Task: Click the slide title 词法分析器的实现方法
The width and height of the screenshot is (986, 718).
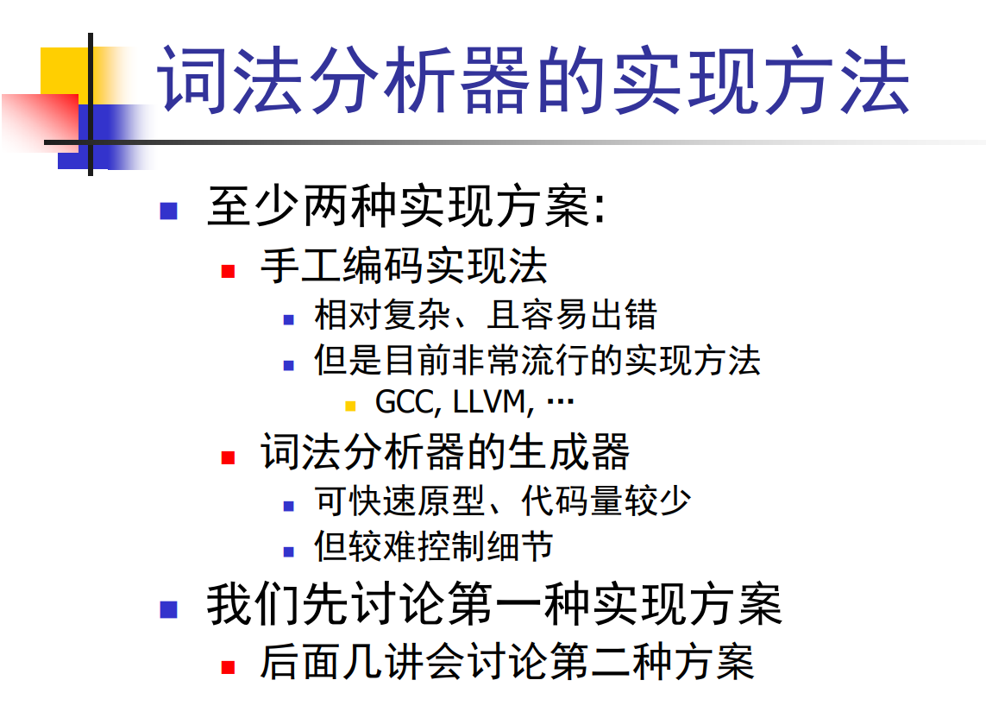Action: point(533,80)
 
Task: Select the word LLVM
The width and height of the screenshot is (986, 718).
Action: point(488,402)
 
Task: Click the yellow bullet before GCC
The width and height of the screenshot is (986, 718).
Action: point(351,406)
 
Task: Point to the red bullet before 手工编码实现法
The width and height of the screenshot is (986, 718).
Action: point(228,271)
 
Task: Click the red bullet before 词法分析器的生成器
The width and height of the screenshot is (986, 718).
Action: point(228,457)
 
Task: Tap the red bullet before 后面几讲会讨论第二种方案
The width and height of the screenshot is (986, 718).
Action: point(228,667)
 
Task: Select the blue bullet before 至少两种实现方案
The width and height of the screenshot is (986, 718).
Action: point(168,211)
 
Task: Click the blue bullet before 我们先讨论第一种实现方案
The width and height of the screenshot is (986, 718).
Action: point(168,609)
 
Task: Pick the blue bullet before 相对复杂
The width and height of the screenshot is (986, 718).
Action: point(289,319)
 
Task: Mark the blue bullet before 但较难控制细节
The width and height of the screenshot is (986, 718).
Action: point(289,551)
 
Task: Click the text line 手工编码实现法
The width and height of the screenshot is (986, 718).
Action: point(404,266)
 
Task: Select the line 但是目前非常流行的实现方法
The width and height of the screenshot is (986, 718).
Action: point(537,361)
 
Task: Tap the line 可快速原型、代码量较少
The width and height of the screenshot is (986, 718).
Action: point(502,501)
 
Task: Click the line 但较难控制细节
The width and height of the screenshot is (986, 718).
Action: point(433,546)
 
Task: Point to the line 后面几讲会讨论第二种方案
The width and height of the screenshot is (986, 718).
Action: point(507,661)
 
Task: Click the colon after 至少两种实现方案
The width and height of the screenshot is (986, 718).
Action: point(600,208)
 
